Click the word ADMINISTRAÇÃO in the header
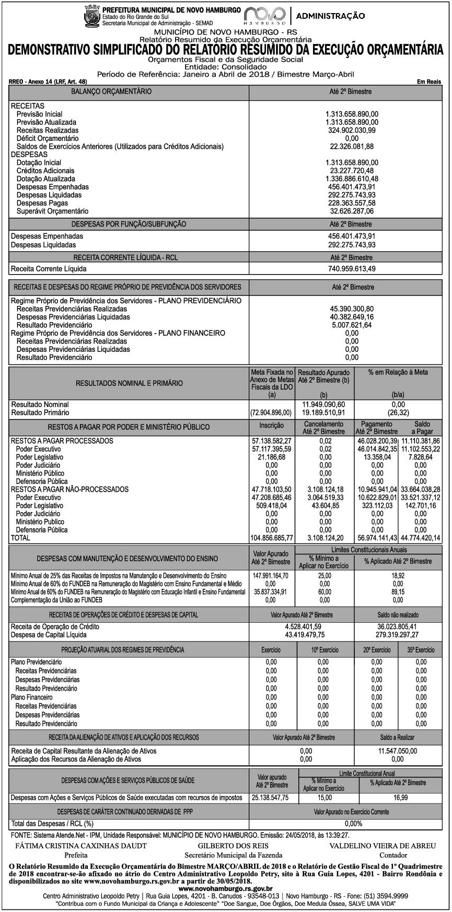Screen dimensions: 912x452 pos(330,16)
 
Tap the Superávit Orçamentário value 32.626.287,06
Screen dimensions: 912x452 pos(352,211)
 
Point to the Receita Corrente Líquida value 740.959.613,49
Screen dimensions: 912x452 pos(352,269)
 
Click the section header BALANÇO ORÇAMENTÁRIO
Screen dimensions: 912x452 pos(112,92)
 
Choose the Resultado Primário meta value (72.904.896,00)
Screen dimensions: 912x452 pos(272,413)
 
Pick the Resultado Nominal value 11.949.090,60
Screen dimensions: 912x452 pos(324,405)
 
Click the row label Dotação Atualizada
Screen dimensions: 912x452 pos(46,179)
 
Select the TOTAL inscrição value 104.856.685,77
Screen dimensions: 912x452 pos(272,538)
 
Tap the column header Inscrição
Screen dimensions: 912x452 pos(272,426)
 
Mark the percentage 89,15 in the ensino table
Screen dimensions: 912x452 pos(398,592)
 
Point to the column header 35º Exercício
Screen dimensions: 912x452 pos(421,650)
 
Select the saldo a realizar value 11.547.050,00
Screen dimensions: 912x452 pos(398,751)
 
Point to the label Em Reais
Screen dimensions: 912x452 pos(430,82)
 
